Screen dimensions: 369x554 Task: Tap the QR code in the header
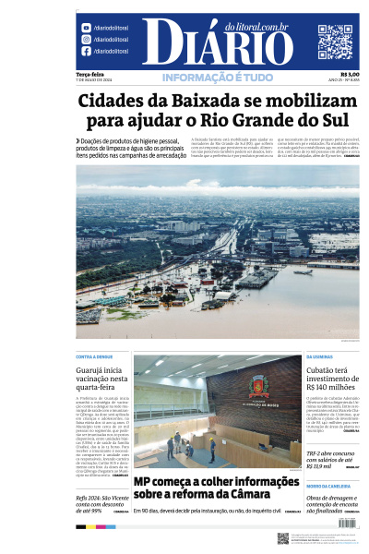coord(335,42)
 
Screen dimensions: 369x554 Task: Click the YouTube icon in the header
coord(86,29)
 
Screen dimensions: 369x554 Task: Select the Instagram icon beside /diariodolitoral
coord(86,40)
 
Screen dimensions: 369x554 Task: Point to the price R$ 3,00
coord(350,74)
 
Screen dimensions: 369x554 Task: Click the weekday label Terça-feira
coord(89,74)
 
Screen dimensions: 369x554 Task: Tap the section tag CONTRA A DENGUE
coord(94,356)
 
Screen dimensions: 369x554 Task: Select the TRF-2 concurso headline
coord(332,459)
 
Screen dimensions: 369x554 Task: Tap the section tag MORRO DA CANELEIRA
coord(327,486)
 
